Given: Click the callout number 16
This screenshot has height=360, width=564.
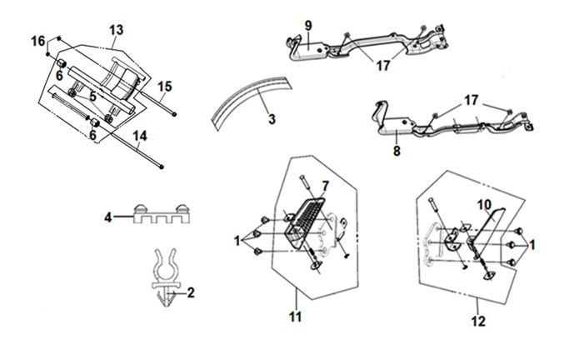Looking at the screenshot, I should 37,42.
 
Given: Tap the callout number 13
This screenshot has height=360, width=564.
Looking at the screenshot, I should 116,30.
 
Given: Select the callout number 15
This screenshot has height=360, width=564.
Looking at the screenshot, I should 165,85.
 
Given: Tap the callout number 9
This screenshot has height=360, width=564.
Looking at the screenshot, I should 307,26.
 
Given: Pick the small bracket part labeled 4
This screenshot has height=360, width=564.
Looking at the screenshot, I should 159,217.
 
